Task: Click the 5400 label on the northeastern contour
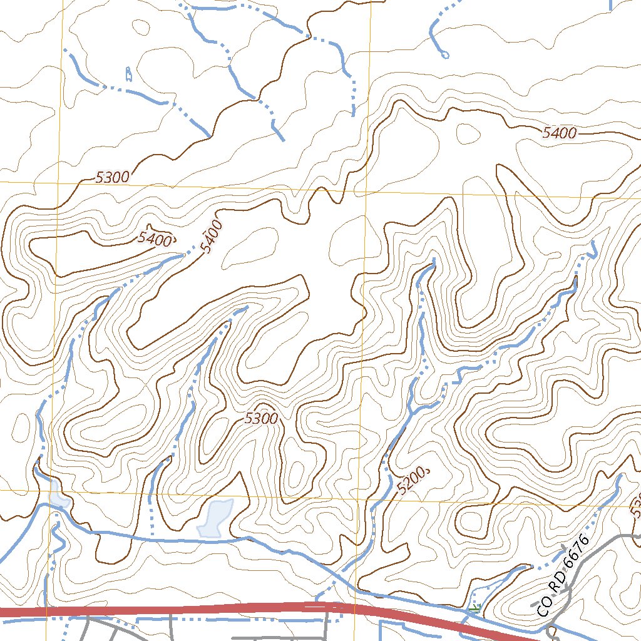tap(559, 133)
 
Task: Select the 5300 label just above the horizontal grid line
tap(113, 177)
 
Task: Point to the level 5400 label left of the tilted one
tap(154, 238)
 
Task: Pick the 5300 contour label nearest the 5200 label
tap(261, 419)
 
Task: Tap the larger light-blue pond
tap(215, 519)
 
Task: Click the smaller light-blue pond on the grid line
tap(57, 495)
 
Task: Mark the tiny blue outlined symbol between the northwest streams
tap(128, 74)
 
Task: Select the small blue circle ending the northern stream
tap(445, 55)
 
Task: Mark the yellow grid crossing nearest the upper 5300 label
tap(59, 182)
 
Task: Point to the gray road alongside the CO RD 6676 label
tap(579, 563)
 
